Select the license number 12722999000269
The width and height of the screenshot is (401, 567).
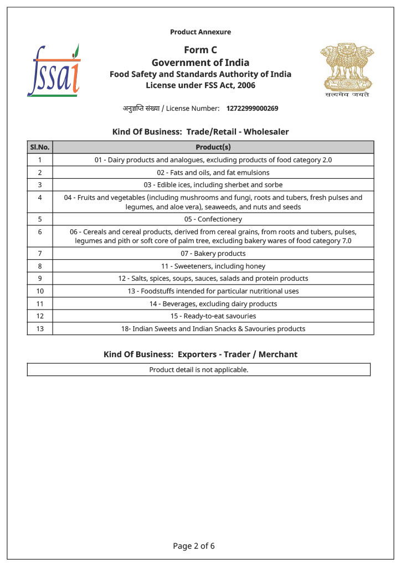coord(252,109)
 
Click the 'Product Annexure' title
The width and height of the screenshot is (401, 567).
coord(200,32)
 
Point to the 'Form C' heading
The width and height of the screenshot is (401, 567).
coord(200,50)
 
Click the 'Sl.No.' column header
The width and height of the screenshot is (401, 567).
coord(40,147)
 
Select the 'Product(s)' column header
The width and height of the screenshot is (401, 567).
coord(213,147)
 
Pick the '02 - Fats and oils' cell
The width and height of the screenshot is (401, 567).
coord(213,172)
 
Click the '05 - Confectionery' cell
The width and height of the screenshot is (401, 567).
coord(213,219)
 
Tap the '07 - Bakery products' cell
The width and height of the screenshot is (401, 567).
coord(213,254)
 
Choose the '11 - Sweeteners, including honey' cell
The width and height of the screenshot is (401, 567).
coord(213,266)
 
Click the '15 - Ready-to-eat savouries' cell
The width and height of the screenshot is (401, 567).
coord(213,316)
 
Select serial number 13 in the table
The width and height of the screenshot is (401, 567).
coord(40,328)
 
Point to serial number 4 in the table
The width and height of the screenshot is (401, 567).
coord(40,198)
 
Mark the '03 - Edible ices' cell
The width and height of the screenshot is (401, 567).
coord(213,185)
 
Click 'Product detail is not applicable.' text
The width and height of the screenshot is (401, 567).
coord(199,370)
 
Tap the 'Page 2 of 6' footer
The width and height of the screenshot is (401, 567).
coord(194,546)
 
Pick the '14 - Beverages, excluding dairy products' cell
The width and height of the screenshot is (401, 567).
coord(213,304)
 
